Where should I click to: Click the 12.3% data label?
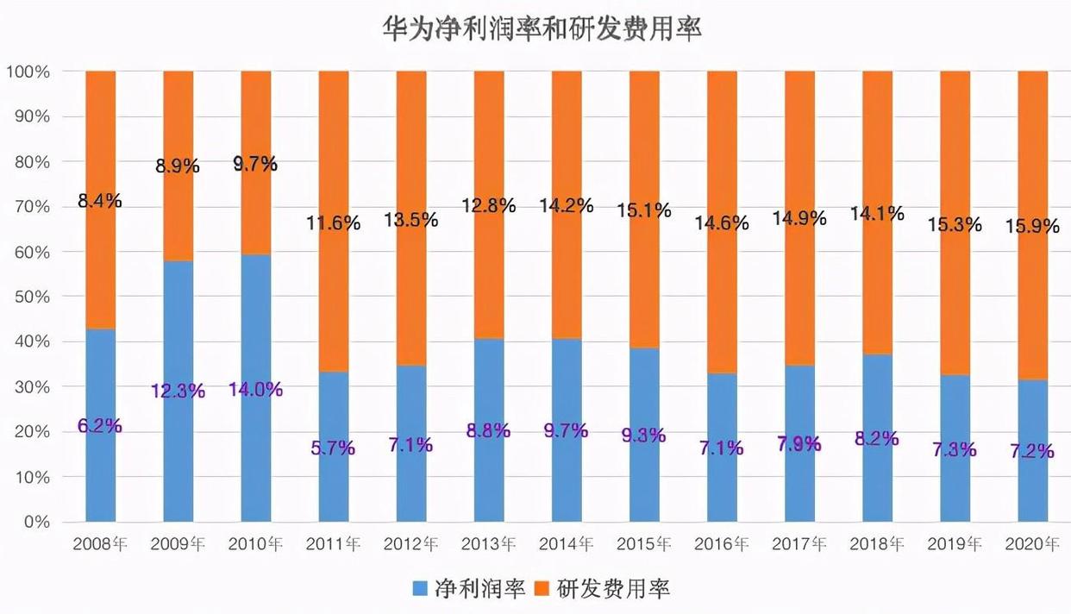(178, 391)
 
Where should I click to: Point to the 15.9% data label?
(1032, 227)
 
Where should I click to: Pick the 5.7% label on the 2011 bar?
(334, 447)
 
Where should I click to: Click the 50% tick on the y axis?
(30, 297)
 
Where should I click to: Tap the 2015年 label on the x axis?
(644, 544)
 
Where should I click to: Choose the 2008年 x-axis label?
(101, 544)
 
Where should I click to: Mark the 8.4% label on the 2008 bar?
(100, 201)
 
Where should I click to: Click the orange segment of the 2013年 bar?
(489, 138)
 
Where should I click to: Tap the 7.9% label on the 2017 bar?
(799, 444)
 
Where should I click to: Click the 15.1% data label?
(643, 210)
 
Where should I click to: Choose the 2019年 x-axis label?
(955, 544)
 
